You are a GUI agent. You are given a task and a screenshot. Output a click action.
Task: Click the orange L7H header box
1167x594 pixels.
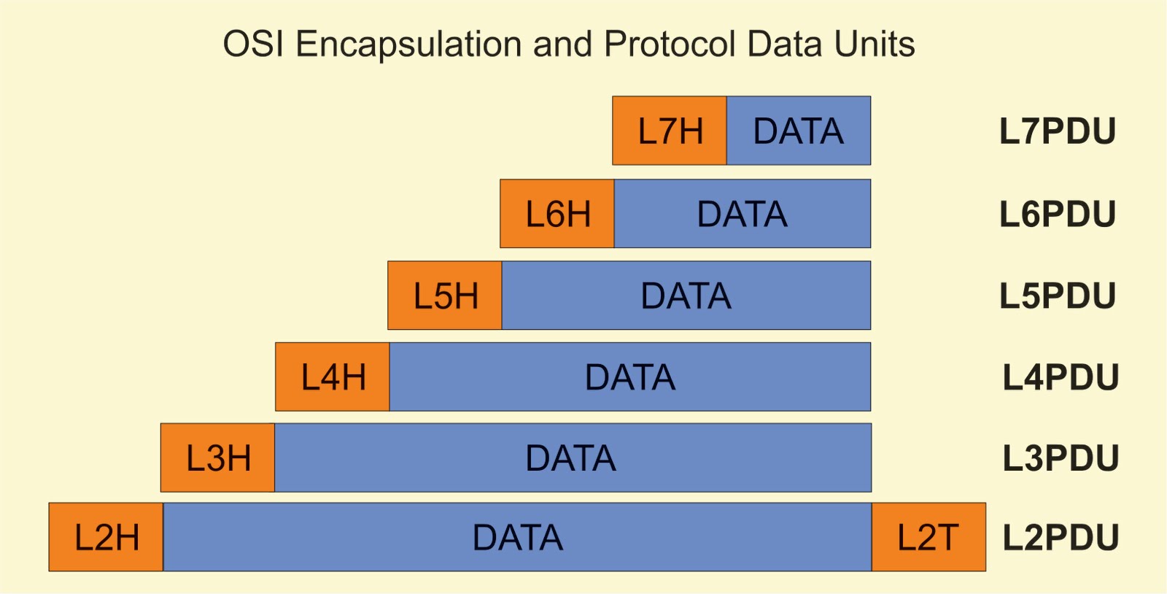[x=670, y=131]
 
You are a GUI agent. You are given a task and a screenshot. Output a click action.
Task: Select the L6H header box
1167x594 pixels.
[x=557, y=214]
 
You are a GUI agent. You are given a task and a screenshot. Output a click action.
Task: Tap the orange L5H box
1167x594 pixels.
[x=445, y=296]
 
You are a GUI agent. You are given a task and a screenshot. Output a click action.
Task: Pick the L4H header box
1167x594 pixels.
[x=333, y=377]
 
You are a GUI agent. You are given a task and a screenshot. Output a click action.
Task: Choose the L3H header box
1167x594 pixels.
[x=218, y=458]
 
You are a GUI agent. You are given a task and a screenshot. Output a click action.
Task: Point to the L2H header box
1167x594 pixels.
[x=106, y=538]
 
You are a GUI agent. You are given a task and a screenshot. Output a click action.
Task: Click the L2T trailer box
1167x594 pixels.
[x=928, y=538]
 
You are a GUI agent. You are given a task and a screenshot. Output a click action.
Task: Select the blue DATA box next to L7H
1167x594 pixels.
[x=799, y=131]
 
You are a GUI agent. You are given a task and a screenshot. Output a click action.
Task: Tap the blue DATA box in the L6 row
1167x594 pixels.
[x=743, y=214]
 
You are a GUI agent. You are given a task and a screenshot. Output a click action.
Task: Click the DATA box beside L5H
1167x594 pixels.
[x=686, y=296]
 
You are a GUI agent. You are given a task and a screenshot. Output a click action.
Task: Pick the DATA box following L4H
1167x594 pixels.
[x=630, y=377]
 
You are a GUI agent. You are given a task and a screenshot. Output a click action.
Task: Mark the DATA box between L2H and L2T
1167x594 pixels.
[x=518, y=538]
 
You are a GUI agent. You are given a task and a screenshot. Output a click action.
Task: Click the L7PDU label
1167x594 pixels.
[x=1058, y=131]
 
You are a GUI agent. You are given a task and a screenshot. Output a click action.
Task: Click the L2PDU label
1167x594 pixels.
[x=1061, y=538]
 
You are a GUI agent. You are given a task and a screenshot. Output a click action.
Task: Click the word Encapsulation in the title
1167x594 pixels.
[x=408, y=45]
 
